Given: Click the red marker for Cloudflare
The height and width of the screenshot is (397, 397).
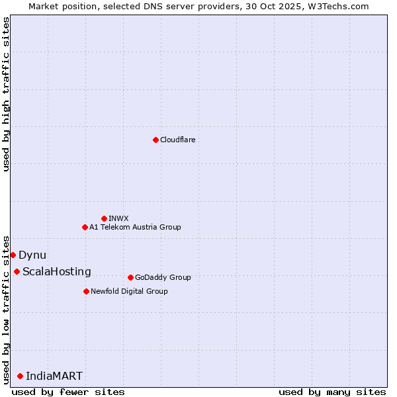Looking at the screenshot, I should point(155,140).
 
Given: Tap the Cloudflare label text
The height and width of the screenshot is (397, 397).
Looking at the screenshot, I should point(178,140).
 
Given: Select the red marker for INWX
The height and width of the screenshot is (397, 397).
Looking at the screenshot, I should point(104,218).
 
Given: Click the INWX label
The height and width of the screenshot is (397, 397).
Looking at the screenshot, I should point(118,218).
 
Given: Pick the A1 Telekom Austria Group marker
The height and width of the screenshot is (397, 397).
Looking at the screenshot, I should point(85,227).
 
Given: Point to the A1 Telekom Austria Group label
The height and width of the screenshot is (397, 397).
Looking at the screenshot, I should point(135,227).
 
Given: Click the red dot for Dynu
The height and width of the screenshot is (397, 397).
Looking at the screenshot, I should point(13,255).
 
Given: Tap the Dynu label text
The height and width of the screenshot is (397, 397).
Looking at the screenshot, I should point(32,255).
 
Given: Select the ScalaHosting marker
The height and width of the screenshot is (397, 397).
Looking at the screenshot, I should point(17,271).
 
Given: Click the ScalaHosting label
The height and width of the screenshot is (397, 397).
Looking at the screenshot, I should point(57,271).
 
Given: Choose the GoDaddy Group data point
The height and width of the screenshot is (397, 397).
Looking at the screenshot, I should point(130,277).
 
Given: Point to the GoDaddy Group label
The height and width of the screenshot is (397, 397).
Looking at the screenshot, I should point(163,277).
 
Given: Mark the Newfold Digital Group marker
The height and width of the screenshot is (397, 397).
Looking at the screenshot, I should point(86,291).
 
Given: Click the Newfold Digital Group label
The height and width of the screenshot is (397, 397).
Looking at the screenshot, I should point(129,291).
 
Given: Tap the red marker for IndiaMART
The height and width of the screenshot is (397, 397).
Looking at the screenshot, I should point(20,376).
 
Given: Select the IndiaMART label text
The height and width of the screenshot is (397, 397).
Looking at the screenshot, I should point(54,376).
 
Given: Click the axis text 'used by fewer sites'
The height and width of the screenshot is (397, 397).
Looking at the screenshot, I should point(68,392).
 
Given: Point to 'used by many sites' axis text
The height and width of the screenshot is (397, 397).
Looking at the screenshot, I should point(332,392).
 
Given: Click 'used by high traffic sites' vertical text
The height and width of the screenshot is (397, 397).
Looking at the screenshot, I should point(6,94).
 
